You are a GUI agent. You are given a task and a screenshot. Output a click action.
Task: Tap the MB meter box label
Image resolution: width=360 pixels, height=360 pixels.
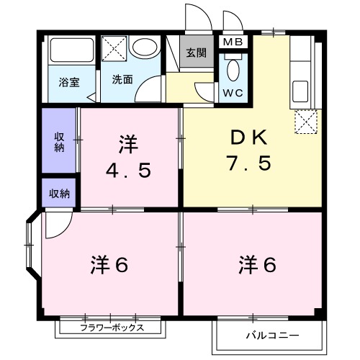[233, 42]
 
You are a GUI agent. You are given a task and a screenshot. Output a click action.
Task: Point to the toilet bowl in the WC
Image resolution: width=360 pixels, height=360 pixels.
[233, 71]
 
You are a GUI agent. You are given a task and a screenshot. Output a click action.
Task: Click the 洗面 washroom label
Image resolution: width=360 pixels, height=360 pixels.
[122, 80]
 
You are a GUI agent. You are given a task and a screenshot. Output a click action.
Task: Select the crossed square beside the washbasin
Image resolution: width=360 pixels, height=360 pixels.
[114, 49]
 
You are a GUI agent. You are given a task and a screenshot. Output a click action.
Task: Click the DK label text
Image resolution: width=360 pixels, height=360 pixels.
[250, 137]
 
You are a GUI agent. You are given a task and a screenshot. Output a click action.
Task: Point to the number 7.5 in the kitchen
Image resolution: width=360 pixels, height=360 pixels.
[250, 163]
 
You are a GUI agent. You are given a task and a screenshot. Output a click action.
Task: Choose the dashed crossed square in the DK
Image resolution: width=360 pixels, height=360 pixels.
[305, 123]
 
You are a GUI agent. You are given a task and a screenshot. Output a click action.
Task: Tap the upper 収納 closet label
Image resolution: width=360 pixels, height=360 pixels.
[59, 141]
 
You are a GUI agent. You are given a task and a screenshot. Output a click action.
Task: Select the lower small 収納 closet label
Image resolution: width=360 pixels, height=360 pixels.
[59, 193]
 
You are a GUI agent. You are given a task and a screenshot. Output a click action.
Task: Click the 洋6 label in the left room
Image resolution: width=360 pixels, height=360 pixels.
[109, 264]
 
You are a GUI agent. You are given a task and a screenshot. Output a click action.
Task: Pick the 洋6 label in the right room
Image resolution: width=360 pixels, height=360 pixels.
[258, 264]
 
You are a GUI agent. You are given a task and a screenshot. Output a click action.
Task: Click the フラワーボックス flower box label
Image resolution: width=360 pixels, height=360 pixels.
[112, 328]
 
